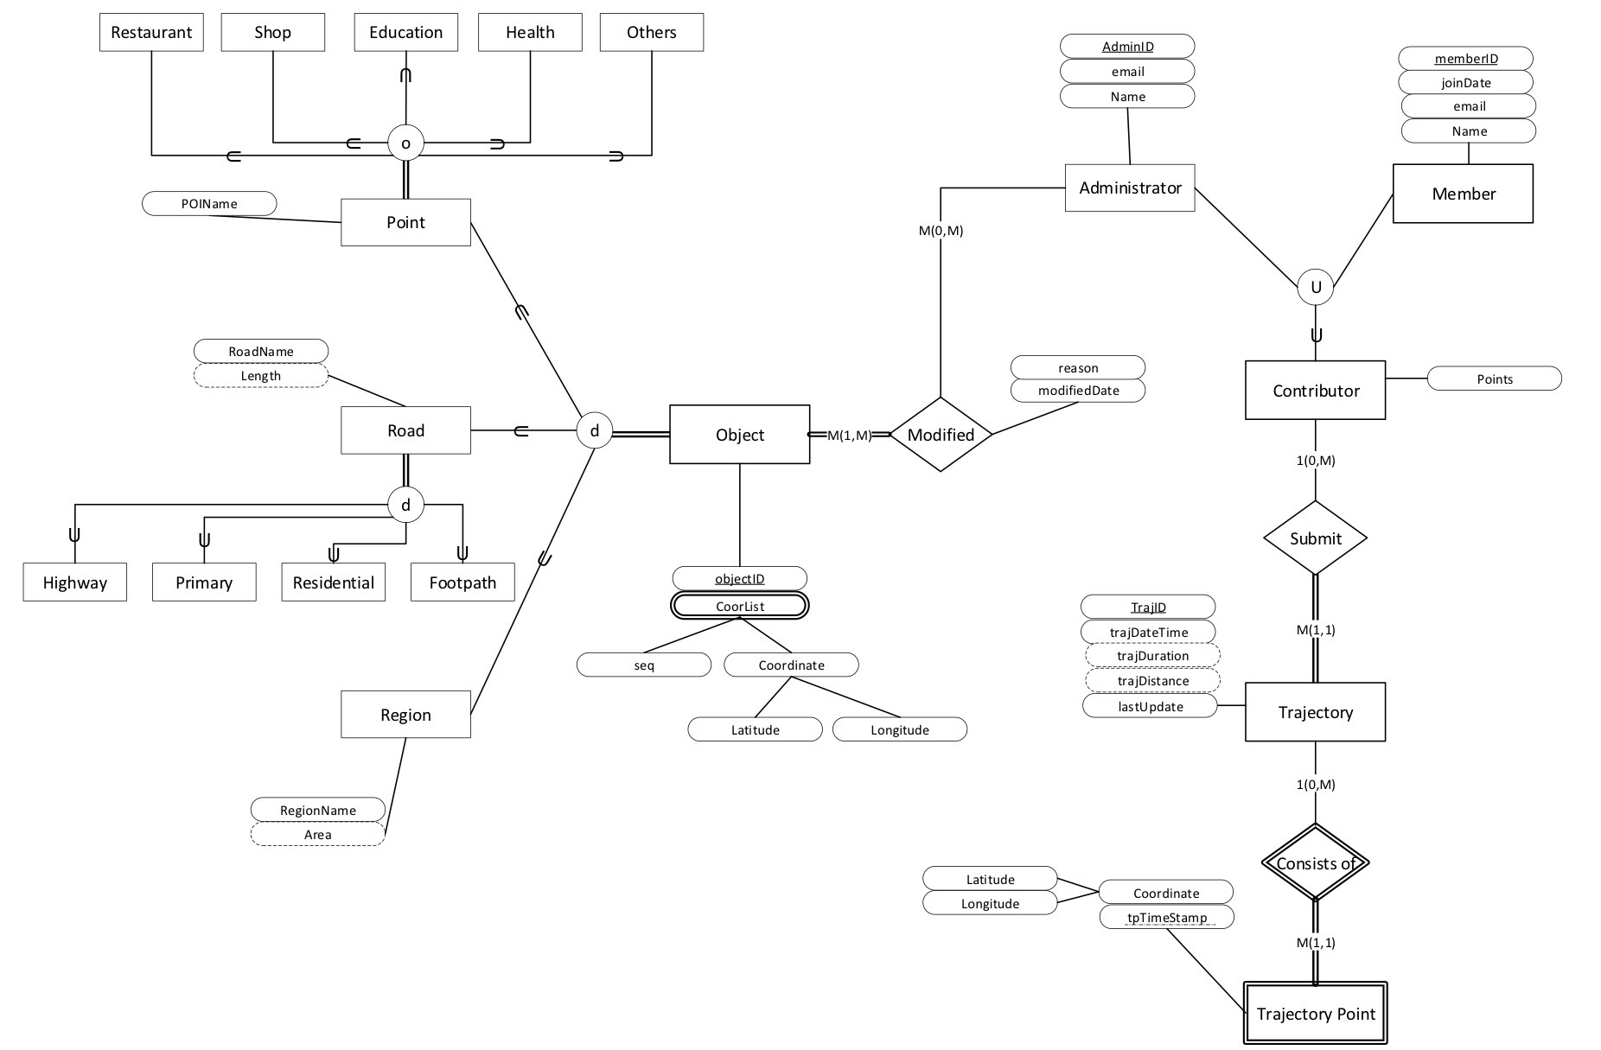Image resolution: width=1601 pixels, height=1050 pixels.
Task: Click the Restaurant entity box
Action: (151, 33)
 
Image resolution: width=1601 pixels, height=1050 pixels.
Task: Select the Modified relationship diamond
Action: (941, 435)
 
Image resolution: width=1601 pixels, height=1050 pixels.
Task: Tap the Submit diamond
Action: (1315, 538)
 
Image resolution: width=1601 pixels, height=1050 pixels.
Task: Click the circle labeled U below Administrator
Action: (1315, 287)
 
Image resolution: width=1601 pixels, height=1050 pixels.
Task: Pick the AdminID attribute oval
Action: (1127, 47)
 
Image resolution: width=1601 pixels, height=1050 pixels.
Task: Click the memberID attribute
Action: (1465, 59)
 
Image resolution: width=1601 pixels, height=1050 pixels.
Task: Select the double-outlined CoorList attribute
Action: (740, 606)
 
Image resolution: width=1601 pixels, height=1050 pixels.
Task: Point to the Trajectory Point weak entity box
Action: (1315, 1014)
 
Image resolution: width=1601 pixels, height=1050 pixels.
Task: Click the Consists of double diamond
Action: (1315, 862)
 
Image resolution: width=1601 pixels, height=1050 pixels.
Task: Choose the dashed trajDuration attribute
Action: (1152, 656)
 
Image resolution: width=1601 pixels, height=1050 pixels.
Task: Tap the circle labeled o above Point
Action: (405, 143)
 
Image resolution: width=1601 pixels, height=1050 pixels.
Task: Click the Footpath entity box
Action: (462, 582)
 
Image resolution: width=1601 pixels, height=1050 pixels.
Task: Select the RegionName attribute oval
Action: (317, 810)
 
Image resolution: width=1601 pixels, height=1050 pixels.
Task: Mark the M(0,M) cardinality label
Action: (941, 231)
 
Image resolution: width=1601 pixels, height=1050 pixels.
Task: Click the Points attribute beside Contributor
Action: (1494, 379)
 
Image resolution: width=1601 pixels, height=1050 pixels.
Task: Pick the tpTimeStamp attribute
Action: (1166, 917)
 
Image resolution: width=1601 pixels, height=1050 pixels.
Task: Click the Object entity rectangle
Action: (740, 435)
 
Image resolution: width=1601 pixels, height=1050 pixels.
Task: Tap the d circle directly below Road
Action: (405, 505)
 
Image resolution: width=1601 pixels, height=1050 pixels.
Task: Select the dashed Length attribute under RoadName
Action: (260, 376)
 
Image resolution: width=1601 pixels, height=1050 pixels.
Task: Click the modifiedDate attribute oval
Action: (1078, 391)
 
